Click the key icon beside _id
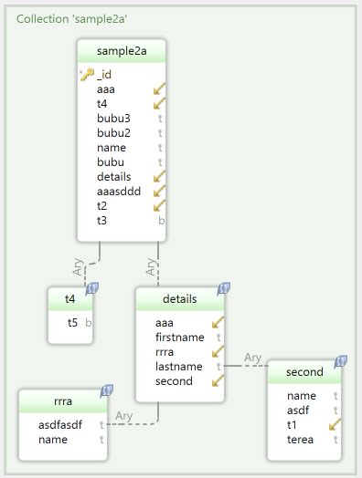point(87,75)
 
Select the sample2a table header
point(121,52)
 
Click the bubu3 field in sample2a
point(113,118)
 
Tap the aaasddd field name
point(120,191)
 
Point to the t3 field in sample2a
point(101,220)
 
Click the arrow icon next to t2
point(160,205)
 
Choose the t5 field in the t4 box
point(72,322)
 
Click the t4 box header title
point(69,298)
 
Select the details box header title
point(179,298)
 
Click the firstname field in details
point(180,337)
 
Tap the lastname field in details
point(179,366)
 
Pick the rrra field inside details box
point(165,351)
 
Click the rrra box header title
point(62,400)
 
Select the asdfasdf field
point(60,424)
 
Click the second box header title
point(304,372)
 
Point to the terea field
point(300,439)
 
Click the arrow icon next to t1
point(335,425)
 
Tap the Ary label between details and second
point(253,358)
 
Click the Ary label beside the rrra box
point(124,416)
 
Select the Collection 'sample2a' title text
point(59,18)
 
